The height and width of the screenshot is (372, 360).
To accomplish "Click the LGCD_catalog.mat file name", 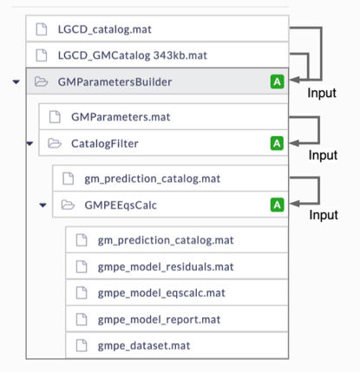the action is tap(105, 29).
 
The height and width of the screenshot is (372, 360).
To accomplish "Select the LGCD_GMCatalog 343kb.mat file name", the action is tap(133, 55).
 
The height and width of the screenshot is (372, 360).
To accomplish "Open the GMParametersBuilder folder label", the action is tap(115, 82).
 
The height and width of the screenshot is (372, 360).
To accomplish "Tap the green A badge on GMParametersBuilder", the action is tap(277, 82).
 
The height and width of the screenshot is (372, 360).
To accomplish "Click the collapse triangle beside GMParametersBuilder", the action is tap(16, 82).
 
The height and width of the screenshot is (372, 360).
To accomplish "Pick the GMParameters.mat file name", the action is tap(121, 117).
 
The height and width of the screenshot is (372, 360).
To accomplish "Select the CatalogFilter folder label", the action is tap(105, 144).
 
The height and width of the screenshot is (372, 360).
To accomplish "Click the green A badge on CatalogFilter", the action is tap(277, 143).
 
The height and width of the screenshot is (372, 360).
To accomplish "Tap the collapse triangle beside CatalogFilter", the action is tap(29, 143).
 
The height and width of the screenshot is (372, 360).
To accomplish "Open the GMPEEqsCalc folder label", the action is tap(121, 206).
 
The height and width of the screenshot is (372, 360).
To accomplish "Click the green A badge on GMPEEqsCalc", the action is tap(277, 205).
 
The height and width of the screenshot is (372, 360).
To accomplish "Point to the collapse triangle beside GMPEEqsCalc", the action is tap(43, 206).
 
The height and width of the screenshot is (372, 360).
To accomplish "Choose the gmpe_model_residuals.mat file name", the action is tap(166, 267).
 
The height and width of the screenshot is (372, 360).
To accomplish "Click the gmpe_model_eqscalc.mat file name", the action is tap(161, 293).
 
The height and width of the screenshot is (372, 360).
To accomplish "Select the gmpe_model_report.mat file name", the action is tap(159, 320).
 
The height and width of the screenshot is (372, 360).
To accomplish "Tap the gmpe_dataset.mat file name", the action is tap(144, 346).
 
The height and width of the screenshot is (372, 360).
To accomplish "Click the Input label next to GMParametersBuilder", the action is tap(322, 93).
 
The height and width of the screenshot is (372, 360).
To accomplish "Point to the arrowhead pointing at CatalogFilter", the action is tap(294, 143).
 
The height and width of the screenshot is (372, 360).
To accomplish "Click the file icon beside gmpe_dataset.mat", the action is tap(82, 346).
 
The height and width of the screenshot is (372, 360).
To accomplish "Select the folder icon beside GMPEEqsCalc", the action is tap(68, 205).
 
